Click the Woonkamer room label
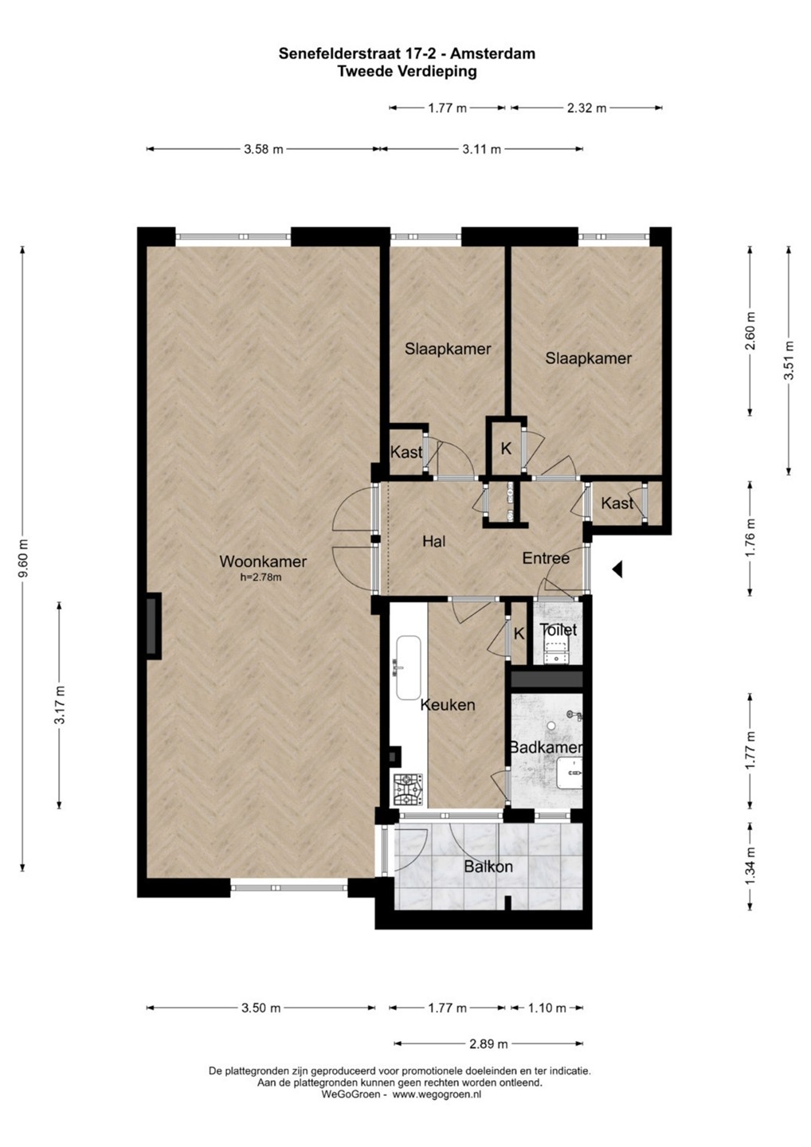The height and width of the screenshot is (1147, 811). pyautogui.click(x=263, y=562)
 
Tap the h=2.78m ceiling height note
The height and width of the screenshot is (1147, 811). pyautogui.click(x=261, y=577)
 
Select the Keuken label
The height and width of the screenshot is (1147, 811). pyautogui.click(x=448, y=705)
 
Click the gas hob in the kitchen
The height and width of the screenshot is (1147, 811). pyautogui.click(x=408, y=789)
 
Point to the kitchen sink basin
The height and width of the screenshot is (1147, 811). pyautogui.click(x=408, y=668)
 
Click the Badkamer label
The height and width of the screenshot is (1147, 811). pyautogui.click(x=546, y=748)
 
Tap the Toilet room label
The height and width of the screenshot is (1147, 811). pyautogui.click(x=558, y=630)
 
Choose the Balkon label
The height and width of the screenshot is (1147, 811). pyautogui.click(x=488, y=867)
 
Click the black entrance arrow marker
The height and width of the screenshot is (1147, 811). pyautogui.click(x=617, y=569)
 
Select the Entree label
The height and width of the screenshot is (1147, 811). pyautogui.click(x=546, y=558)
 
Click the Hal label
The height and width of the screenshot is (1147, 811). pyautogui.click(x=434, y=541)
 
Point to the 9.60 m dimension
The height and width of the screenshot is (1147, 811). pyautogui.click(x=22, y=558)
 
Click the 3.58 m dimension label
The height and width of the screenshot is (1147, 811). pyautogui.click(x=263, y=150)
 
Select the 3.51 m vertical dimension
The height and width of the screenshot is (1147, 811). pyautogui.click(x=789, y=360)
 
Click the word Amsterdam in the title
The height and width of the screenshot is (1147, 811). pyautogui.click(x=492, y=54)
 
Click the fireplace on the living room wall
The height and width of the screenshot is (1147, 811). pyautogui.click(x=152, y=626)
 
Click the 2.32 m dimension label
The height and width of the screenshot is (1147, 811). pyautogui.click(x=587, y=108)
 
